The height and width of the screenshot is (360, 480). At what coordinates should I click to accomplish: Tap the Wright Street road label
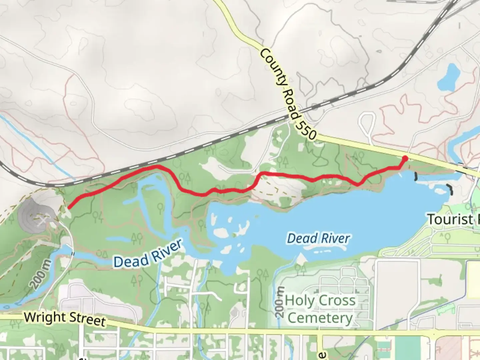coord(65,318)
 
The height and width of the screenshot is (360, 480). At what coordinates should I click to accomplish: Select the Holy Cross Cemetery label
coord(320,309)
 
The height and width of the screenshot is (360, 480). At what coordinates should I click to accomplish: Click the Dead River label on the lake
coord(319,238)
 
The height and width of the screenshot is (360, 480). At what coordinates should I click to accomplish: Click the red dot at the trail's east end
coord(405,158)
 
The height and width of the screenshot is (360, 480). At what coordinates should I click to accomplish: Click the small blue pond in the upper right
coord(448,77)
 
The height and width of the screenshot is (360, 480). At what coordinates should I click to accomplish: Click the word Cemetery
coord(320,318)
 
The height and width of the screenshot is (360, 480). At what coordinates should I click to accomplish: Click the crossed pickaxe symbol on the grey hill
coord(43,220)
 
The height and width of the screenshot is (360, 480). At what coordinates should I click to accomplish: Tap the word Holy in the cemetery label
coord(299,301)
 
